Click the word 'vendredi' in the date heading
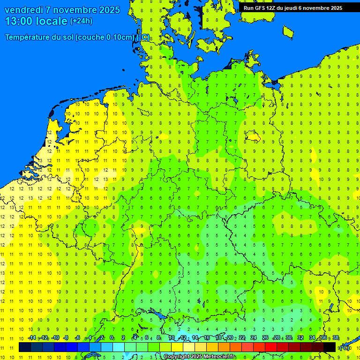pyautogui.click(x=24, y=10)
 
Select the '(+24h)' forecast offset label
pyautogui.click(x=81, y=21)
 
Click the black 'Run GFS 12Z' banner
pyautogui.click(x=292, y=8)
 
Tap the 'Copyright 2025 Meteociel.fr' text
pyautogui.click(x=199, y=357)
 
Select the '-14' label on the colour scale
pyautogui.click(x=32, y=338)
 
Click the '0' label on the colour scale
pyautogui.click(x=112, y=338)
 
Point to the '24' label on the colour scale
pyautogui.click(x=253, y=338)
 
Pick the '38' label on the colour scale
pyautogui.click(x=336, y=338)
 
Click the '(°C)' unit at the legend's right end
pyautogui.click(x=345, y=347)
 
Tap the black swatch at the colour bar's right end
pyautogui.click(x=330, y=347)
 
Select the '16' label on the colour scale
pyautogui.click(x=206, y=338)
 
